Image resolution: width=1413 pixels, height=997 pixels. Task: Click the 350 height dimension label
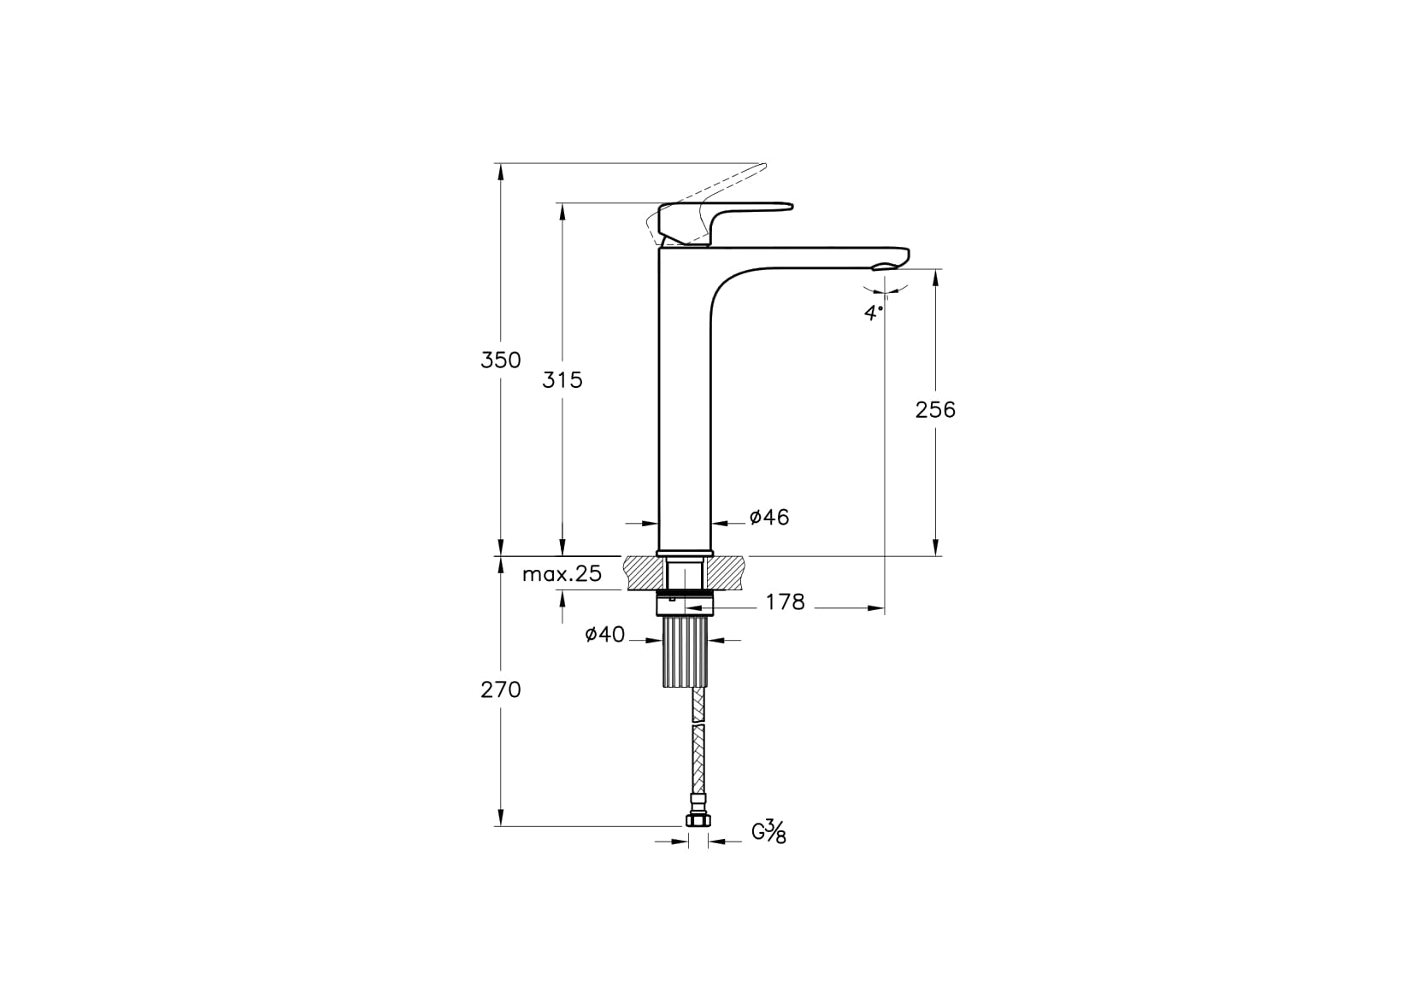[501, 360]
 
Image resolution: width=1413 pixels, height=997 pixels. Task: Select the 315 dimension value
[562, 380]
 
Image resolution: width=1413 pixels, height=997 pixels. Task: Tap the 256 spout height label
[935, 410]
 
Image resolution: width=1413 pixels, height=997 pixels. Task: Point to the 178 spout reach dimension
[786, 602]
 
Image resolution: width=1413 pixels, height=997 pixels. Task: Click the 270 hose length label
[501, 690]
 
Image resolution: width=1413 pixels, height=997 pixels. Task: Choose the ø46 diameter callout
[769, 517]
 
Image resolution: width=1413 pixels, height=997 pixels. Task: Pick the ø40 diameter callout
[605, 635]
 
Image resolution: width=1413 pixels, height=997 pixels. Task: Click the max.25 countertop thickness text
[562, 574]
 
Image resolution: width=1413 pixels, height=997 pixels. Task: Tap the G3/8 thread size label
[769, 832]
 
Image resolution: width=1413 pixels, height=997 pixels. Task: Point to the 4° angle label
[874, 312]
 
